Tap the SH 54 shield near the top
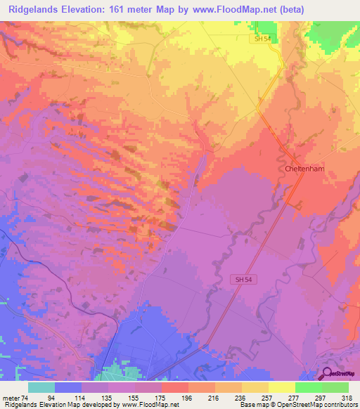[x=262, y=39]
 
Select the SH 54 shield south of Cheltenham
[x=240, y=280]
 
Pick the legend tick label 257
[x=268, y=398]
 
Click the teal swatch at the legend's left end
[x=41, y=387]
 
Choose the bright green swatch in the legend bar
[x=309, y=387]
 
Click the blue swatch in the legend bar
[x=68, y=387]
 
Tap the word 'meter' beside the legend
[x=11, y=398]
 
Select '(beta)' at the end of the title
[x=330, y=10]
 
